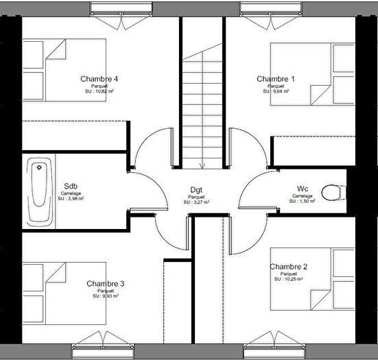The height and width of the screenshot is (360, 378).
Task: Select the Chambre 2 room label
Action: [x=289, y=267]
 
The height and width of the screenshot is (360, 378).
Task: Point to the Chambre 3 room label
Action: [x=106, y=283]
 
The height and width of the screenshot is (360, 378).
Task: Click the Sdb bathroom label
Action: [x=71, y=186]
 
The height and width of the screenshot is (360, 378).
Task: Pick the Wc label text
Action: [x=303, y=188]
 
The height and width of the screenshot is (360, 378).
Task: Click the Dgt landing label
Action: [x=196, y=190]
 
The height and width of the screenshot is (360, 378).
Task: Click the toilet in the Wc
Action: [x=333, y=191]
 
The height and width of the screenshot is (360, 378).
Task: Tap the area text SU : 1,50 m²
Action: [x=303, y=202]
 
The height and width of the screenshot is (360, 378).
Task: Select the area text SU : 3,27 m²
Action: [x=196, y=203]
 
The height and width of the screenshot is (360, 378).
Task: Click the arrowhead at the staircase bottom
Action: [x=202, y=165]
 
